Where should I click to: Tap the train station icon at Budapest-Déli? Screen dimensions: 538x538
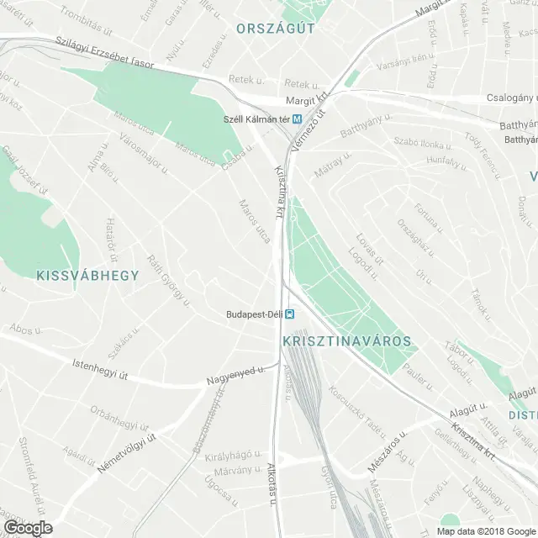click(x=289, y=315)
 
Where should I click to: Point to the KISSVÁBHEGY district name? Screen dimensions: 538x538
click(x=87, y=275)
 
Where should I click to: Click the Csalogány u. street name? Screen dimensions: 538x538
click(x=509, y=98)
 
